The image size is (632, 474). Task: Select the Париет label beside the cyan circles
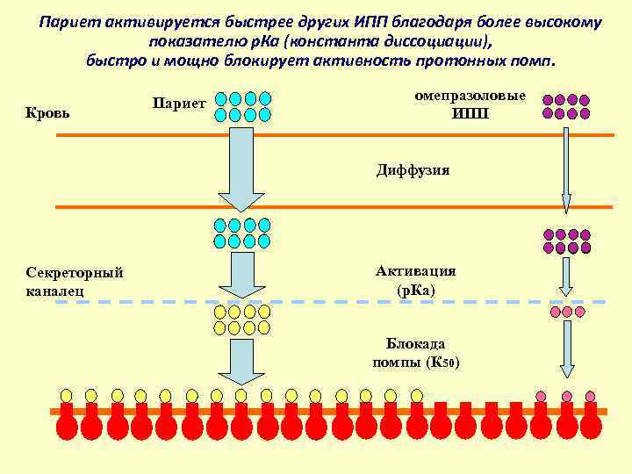coord(179,104)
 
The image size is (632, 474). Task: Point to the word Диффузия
coord(413,170)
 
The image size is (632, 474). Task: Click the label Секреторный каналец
coord(75,280)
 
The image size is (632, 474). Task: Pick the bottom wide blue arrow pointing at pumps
coord(241,360)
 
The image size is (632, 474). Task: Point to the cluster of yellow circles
coord(241,320)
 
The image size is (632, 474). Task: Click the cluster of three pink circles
coord(566,312)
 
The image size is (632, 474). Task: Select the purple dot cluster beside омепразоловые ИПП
coord(566,106)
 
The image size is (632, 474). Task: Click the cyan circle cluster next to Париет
coord(243,106)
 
